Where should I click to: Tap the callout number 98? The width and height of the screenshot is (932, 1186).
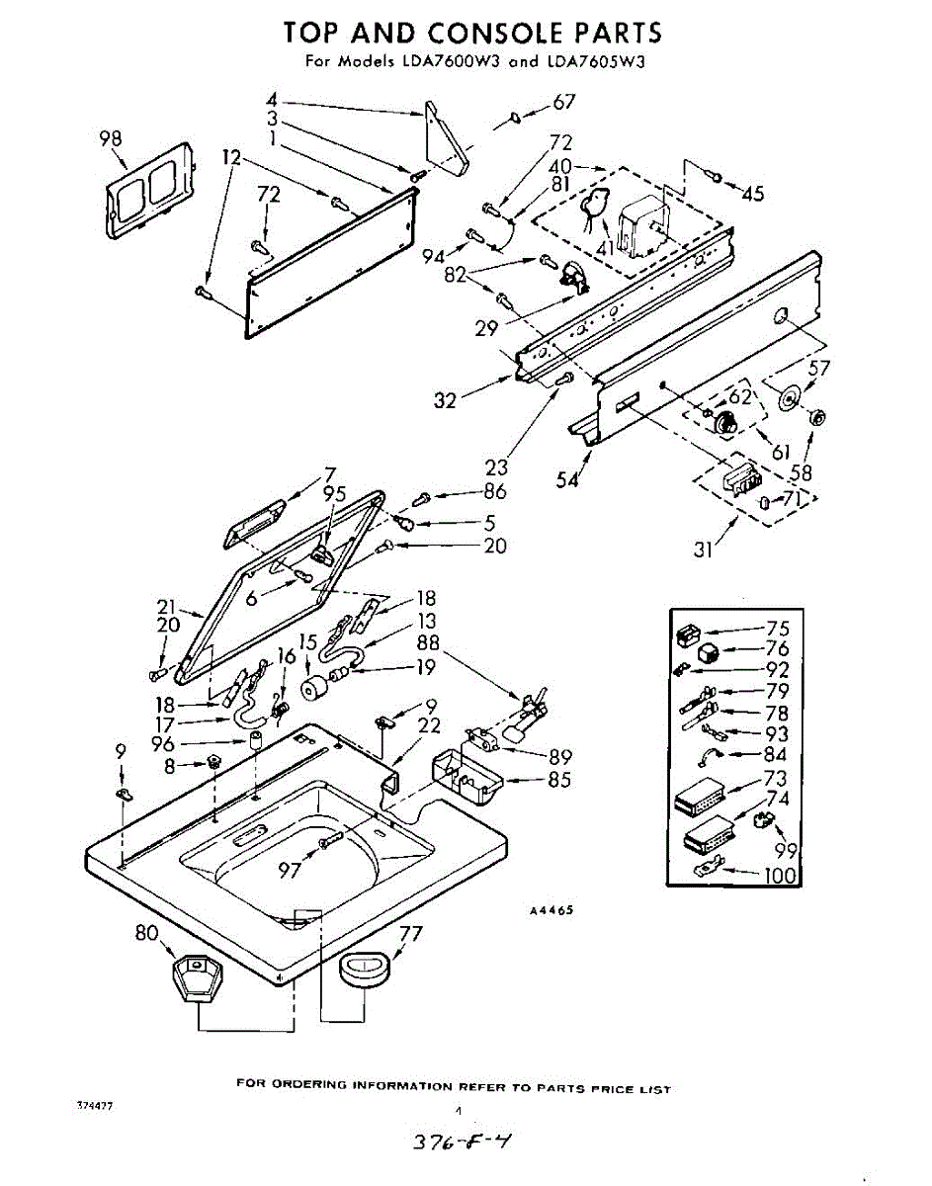(x=110, y=139)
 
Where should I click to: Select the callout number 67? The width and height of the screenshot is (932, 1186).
(x=563, y=102)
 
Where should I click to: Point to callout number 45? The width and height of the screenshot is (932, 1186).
(x=752, y=194)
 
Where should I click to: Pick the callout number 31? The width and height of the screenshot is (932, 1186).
(x=703, y=550)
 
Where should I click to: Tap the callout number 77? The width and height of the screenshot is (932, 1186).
(x=411, y=932)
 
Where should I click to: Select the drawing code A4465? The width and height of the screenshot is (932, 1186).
(x=551, y=910)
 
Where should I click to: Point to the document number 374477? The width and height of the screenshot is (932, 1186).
(x=95, y=1105)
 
